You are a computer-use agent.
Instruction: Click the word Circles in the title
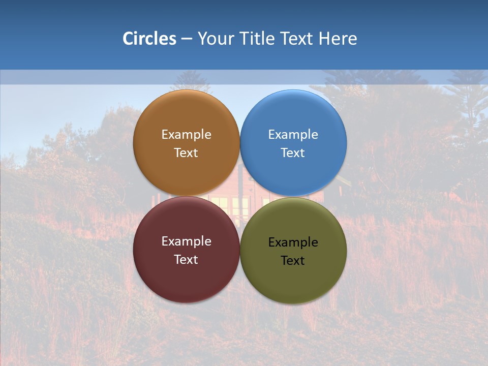click(x=149, y=39)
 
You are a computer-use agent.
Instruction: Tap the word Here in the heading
click(x=338, y=39)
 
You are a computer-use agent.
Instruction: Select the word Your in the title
click(x=215, y=39)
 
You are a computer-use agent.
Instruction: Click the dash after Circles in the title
click(x=186, y=39)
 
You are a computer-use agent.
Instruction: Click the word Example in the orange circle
click(x=186, y=134)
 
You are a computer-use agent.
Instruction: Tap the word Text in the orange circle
click(x=186, y=152)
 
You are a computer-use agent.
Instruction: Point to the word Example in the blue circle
click(x=293, y=134)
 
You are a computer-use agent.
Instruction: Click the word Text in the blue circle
click(x=293, y=152)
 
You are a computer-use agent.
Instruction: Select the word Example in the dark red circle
click(x=186, y=241)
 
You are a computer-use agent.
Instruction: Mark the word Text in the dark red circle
click(x=186, y=259)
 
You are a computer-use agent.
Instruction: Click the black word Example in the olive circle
click(x=293, y=242)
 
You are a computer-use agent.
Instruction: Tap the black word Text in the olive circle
click(x=293, y=260)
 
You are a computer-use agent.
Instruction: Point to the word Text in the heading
click(x=298, y=39)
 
